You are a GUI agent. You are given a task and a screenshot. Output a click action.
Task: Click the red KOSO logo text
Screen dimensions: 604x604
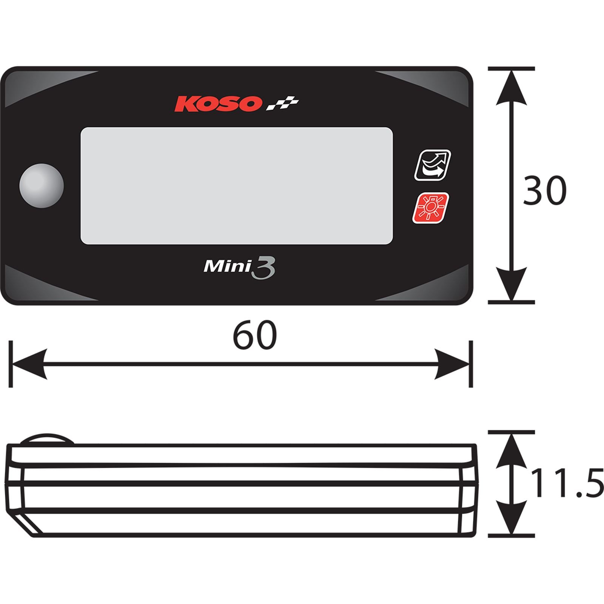click(217, 103)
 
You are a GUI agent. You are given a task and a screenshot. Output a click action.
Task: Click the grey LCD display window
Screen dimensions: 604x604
click(237, 186)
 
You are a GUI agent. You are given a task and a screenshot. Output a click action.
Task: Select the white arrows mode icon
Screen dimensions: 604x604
click(433, 165)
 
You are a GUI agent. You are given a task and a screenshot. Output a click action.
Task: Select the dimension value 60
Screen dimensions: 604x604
click(254, 335)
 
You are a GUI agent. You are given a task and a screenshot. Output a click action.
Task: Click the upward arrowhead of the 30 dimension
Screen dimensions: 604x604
click(512, 87)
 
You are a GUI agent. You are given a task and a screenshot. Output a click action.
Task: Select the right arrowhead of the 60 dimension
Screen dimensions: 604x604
click(452, 364)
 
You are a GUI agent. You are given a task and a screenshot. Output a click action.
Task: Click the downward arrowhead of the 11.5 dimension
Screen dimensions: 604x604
click(512, 517)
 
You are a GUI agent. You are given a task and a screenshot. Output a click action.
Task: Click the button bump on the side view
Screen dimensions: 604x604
click(47, 439)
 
